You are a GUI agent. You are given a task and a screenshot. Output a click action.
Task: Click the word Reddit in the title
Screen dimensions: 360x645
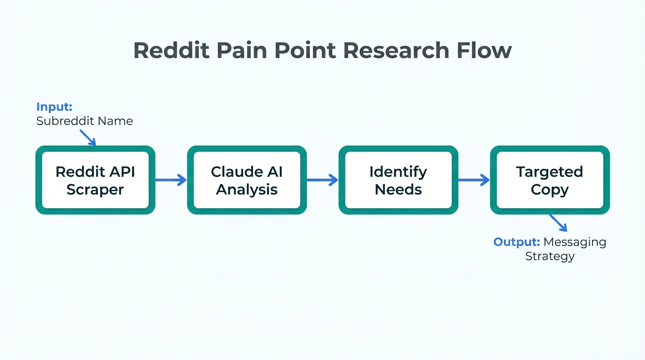pos(172,51)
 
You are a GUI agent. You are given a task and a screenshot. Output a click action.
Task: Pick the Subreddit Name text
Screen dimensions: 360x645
pos(84,121)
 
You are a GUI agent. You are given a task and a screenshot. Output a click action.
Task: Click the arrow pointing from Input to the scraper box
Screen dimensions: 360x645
pos(88,137)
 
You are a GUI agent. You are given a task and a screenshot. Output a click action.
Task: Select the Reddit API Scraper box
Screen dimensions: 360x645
pos(95,180)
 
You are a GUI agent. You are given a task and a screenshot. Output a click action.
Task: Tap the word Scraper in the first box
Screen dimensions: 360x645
pos(95,189)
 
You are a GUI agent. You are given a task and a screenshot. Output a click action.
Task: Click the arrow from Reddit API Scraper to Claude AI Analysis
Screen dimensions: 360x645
pos(171,180)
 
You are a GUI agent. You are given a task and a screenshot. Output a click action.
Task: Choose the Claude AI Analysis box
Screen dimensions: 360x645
pos(247,180)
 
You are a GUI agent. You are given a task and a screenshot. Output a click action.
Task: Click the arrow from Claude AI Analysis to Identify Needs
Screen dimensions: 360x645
pos(322,180)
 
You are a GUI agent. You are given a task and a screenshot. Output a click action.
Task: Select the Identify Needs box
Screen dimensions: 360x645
pos(398,180)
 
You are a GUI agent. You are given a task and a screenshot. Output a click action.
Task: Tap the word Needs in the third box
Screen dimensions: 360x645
pos(398,189)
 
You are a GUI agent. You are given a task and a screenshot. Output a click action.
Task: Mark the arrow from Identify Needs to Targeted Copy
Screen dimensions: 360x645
pos(473,180)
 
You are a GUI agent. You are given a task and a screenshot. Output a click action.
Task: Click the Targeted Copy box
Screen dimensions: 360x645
pos(549,180)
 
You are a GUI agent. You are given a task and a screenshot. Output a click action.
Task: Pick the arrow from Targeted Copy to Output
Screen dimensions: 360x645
pos(558,223)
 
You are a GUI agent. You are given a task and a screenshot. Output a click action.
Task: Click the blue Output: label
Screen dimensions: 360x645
pos(517,242)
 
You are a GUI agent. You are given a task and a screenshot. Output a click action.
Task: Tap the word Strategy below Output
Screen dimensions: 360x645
pos(549,256)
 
